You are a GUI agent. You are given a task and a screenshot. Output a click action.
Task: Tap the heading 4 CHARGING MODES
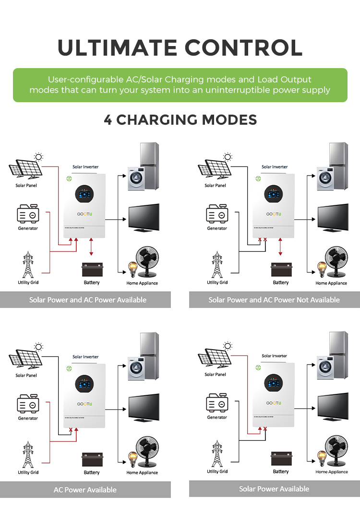coord(180,119)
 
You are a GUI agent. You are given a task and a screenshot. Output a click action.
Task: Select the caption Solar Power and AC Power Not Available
coord(274,300)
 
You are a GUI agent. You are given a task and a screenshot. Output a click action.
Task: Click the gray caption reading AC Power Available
coord(85,490)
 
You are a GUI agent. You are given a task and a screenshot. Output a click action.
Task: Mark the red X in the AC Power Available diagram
coord(71,430)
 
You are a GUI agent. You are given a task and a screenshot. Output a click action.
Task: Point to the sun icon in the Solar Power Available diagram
coord(228,346)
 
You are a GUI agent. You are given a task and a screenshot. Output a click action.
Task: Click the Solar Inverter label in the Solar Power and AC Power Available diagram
coord(85,166)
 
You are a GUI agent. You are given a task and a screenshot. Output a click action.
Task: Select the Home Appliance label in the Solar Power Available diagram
coord(331,472)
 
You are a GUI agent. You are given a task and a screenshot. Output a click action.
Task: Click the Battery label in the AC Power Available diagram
coord(92,473)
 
